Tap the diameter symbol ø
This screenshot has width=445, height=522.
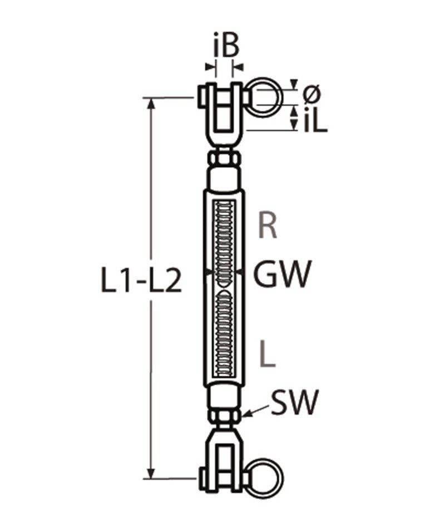pos(312,94)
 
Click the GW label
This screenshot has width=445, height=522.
pos(280,275)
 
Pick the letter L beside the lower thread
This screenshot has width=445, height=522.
pos(268,354)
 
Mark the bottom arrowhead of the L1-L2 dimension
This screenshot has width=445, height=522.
pos(151,473)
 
